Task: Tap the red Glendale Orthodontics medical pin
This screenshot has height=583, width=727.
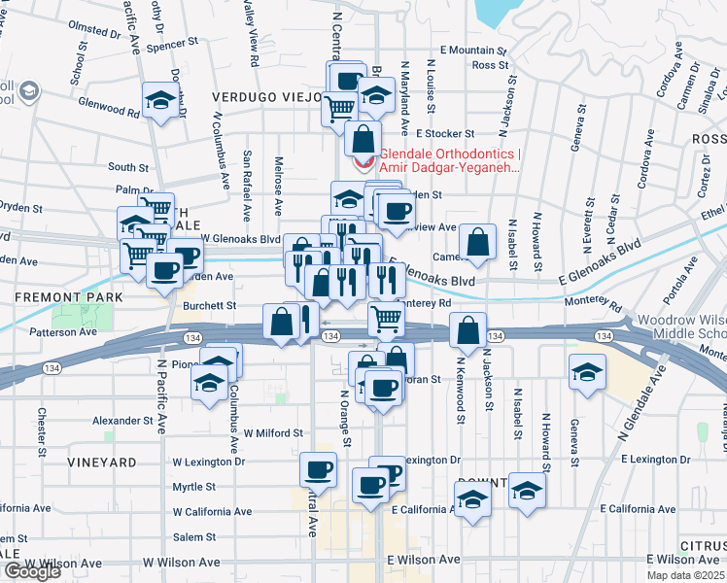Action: (x=362, y=161)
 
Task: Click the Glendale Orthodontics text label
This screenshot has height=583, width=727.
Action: (x=450, y=160)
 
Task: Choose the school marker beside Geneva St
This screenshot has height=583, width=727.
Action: (x=587, y=374)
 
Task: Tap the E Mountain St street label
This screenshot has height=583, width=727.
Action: (x=473, y=50)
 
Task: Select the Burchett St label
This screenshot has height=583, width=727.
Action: (x=210, y=305)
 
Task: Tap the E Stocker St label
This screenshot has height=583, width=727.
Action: (x=444, y=133)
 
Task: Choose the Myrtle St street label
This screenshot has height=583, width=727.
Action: (x=193, y=487)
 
